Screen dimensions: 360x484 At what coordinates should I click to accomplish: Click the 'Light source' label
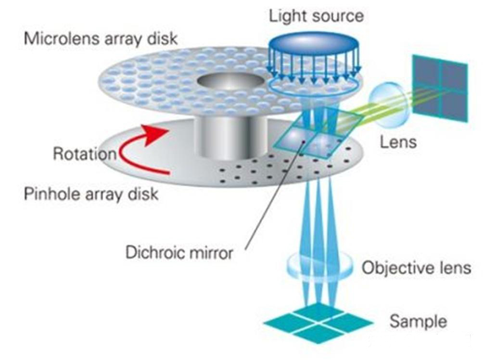click(316, 16)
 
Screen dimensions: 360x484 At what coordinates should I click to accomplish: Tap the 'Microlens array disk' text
click(101, 38)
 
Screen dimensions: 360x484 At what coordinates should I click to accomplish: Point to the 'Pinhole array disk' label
click(91, 194)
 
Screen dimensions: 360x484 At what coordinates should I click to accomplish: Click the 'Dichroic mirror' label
click(179, 252)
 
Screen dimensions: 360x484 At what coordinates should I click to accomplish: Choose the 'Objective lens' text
click(416, 267)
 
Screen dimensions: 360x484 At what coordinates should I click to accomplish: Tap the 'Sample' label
click(418, 321)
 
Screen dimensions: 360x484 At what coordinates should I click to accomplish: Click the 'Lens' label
click(398, 142)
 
